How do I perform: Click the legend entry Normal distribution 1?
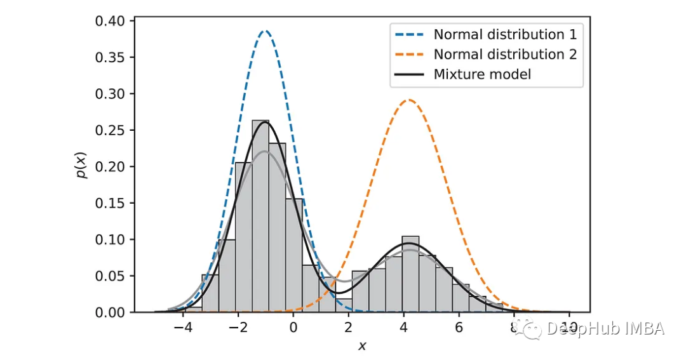click(505, 34)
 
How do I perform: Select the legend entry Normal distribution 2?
click(505, 54)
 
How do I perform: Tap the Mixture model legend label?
click(482, 74)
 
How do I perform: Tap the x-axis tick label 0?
click(293, 328)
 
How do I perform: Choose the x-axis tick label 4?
click(403, 328)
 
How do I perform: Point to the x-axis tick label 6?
click(459, 328)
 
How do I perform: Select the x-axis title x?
click(362, 346)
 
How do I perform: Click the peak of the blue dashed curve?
click(266, 30)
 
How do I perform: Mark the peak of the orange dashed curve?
click(408, 100)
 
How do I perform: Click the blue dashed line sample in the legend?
click(410, 34)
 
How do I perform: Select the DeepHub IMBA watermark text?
click(603, 328)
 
